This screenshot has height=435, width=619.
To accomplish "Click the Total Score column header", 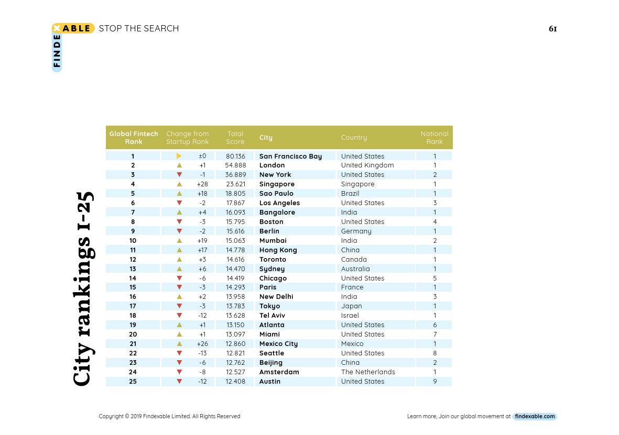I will (x=235, y=138).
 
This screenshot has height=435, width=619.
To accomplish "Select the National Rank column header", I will (x=435, y=138).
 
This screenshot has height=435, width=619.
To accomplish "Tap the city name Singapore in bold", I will (x=277, y=184).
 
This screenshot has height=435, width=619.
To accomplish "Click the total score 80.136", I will (x=235, y=156).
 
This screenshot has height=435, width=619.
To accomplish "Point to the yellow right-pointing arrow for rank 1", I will (x=179, y=156).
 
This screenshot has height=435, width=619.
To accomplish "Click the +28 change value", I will (x=202, y=184).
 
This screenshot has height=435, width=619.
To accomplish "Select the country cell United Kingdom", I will (x=367, y=165).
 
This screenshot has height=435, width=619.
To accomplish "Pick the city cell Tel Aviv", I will (x=273, y=316).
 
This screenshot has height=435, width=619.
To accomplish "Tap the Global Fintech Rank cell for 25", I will (x=133, y=382).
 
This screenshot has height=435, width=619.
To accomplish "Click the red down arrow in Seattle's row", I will (x=179, y=353).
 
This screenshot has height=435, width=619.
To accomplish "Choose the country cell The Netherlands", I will (x=368, y=372).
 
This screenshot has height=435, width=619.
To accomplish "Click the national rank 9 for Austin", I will (x=435, y=382).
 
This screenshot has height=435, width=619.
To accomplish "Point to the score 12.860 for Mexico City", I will (x=235, y=344).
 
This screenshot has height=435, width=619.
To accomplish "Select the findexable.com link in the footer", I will (x=535, y=417).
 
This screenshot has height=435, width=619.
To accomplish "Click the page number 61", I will (x=552, y=29).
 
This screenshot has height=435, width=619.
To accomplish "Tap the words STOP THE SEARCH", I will (x=139, y=28).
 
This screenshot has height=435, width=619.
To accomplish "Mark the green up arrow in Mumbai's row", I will (x=179, y=241).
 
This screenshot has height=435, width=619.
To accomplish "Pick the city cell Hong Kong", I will (x=278, y=250).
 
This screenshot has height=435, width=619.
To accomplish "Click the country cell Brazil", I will (x=350, y=194).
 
